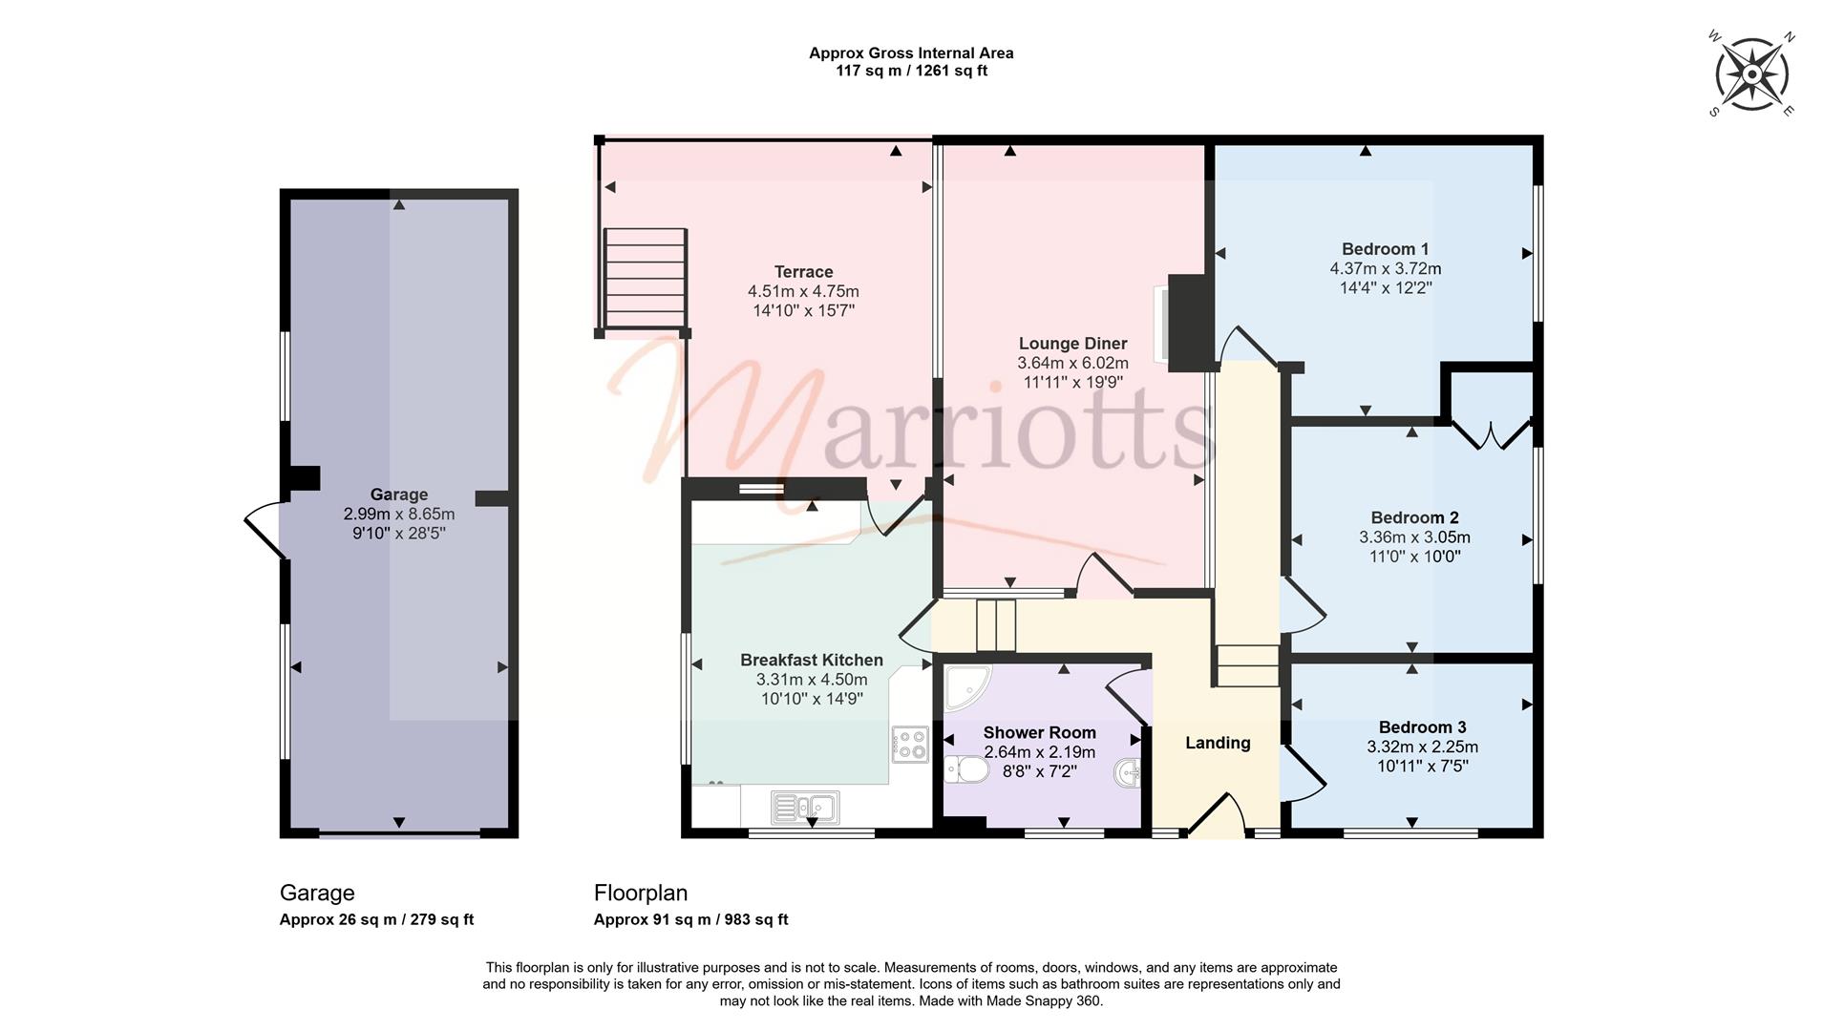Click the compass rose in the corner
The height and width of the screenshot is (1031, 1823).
[1751, 74]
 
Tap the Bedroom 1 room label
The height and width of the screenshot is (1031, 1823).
[1385, 249]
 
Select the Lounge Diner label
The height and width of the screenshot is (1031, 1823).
[1072, 344]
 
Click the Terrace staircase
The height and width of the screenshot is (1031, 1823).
[645, 280]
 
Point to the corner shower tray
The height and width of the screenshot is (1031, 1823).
[966, 687]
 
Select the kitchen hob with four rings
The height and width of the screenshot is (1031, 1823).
[909, 744]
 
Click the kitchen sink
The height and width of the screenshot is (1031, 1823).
[805, 808]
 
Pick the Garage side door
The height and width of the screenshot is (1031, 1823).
[265, 530]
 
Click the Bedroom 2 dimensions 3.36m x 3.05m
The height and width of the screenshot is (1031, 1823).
[1414, 537]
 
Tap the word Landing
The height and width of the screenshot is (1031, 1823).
[1218, 743]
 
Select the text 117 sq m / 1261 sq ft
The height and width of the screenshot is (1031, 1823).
[911, 71]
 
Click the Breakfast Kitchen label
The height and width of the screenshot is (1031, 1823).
[812, 660]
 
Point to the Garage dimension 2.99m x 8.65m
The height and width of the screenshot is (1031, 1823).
[399, 514]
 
